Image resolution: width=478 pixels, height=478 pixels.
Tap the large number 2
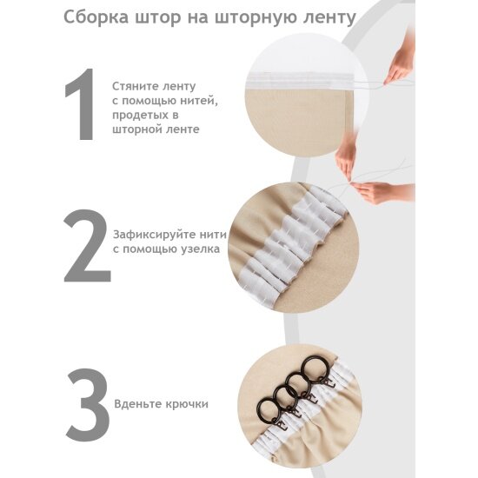tap(87, 246)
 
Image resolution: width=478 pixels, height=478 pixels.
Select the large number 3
tap(88, 405)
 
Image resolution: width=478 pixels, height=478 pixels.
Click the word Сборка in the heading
tap(96, 17)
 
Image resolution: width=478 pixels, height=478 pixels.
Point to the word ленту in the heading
tap(329, 18)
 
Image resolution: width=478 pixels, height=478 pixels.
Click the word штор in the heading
tap(158, 18)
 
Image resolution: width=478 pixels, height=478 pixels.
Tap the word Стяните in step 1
tap(134, 86)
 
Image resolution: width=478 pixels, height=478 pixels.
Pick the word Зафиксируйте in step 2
tap(154, 235)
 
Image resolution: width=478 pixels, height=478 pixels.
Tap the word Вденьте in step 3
tap(138, 404)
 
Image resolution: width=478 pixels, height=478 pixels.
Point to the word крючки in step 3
tap(187, 404)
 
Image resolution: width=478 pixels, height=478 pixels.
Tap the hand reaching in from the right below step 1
tap(382, 192)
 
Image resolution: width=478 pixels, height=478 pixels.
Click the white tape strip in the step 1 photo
tap(301, 81)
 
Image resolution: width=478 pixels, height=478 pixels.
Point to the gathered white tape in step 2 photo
tap(294, 244)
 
